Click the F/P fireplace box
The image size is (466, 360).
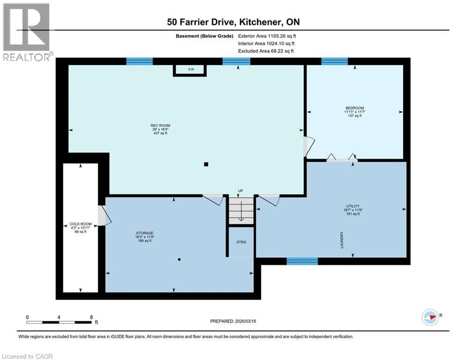click(x=191, y=70)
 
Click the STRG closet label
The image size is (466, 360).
click(x=241, y=242)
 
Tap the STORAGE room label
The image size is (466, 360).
click(x=144, y=233)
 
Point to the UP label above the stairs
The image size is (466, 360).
click(x=240, y=191)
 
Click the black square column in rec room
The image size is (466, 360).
click(x=206, y=164)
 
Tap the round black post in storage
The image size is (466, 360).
click(x=179, y=259)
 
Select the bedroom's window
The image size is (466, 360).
click(x=334, y=61)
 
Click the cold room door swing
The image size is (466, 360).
click(x=104, y=216)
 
